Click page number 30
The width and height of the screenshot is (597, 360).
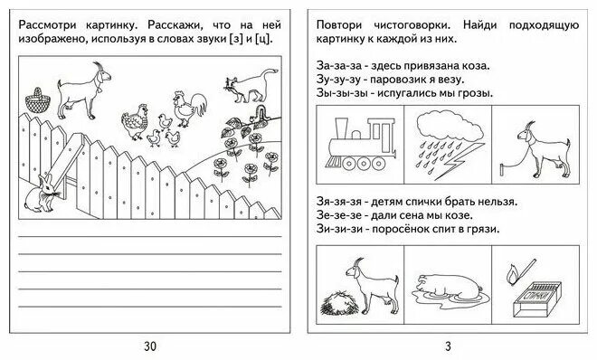[149, 345]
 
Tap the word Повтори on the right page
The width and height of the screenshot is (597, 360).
[345, 25]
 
